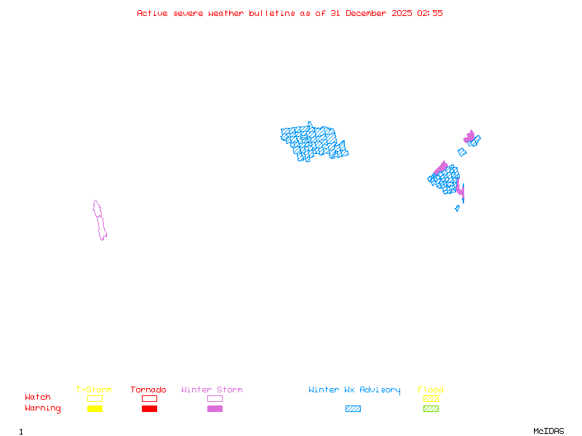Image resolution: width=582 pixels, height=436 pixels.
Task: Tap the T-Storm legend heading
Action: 94,390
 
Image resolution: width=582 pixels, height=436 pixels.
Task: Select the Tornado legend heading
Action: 148,390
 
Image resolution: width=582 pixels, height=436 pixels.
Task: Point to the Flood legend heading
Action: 431,390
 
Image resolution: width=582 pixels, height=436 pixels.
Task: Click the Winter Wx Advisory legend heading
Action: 354,390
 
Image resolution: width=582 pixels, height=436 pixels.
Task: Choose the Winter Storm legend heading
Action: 212,390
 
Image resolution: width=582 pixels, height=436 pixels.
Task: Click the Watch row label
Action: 38,397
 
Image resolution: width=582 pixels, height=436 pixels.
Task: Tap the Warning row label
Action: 43,408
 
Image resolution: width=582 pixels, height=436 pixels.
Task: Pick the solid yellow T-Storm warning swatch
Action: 95,409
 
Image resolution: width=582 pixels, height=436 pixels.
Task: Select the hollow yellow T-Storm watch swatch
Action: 95,398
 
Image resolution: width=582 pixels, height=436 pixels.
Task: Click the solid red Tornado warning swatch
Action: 149,409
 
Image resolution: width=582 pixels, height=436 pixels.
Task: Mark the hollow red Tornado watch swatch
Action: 149,398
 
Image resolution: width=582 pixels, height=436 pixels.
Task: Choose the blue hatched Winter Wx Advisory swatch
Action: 353,409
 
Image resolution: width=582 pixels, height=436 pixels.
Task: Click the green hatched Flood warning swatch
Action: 431,409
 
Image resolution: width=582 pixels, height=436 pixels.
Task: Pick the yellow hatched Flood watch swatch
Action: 431,398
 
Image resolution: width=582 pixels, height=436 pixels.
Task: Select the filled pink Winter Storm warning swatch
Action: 215,409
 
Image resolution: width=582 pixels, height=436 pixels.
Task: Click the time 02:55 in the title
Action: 430,13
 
